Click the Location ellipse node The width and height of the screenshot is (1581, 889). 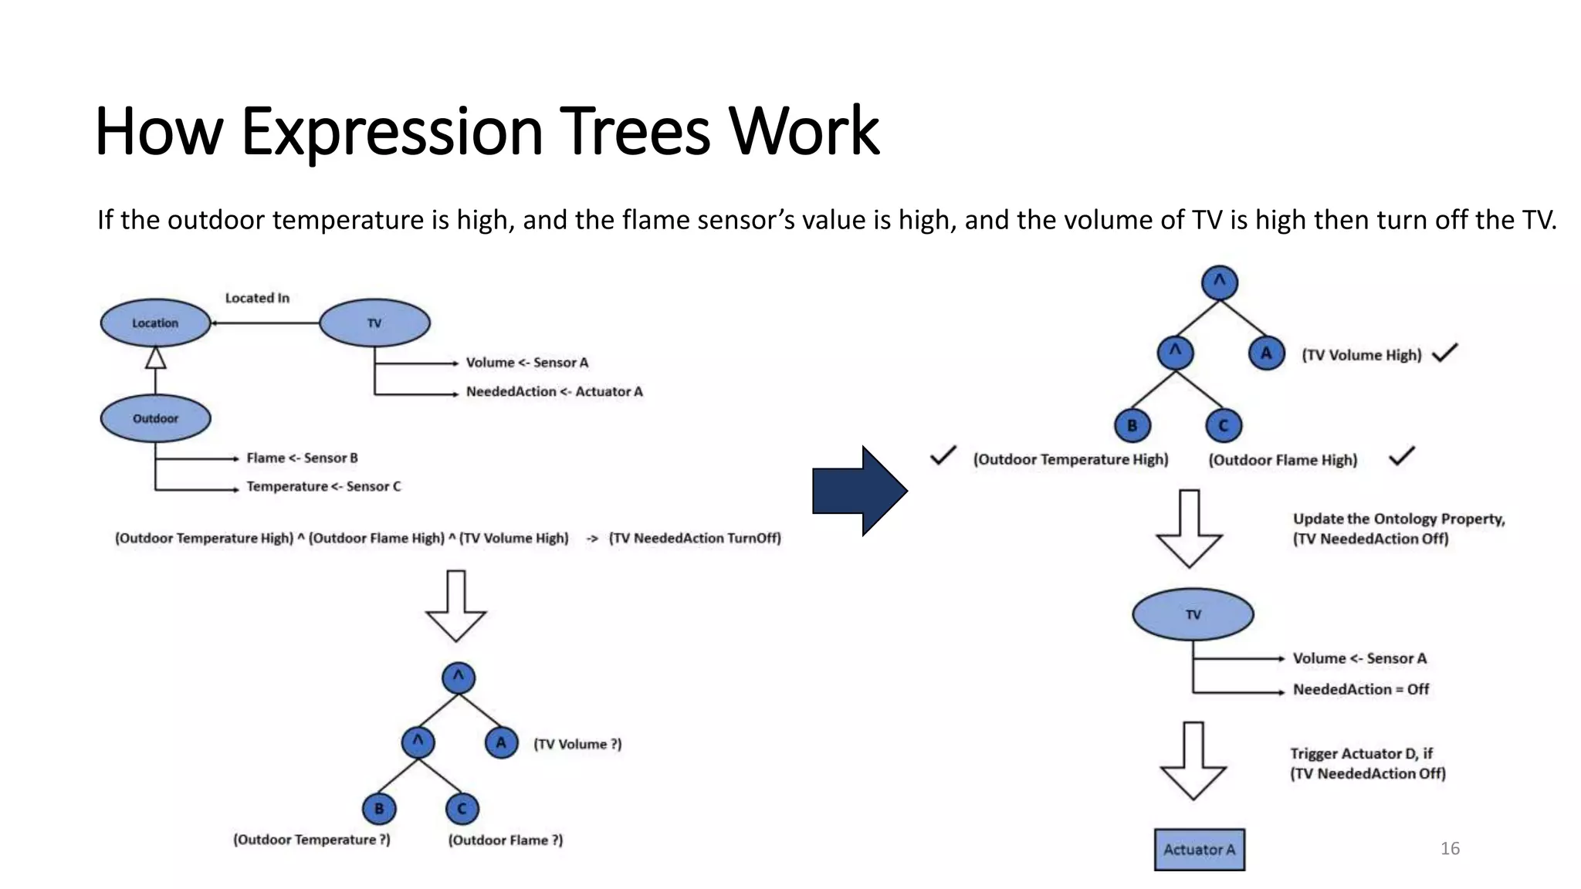coord(155,323)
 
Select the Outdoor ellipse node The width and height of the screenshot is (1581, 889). coord(155,418)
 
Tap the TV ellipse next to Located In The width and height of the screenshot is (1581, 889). coord(374,323)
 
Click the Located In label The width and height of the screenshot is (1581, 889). coord(257,298)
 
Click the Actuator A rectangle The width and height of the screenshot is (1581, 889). coord(1199,850)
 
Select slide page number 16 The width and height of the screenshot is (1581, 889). coord(1449,849)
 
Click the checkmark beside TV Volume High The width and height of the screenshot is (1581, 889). coord(1444,353)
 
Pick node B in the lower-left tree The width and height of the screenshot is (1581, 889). coord(378,809)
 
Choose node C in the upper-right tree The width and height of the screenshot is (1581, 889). coord(1223,426)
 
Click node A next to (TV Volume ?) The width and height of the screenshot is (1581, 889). coord(501,743)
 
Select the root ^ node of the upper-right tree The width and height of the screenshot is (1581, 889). coord(1219,282)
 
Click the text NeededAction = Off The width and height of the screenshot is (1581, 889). coord(1360,689)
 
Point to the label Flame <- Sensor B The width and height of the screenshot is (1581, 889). coord(302,458)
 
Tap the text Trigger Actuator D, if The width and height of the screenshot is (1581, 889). coord(1360,753)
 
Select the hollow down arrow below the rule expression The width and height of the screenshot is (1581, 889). coord(455,607)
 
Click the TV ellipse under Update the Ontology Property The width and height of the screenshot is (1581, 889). coord(1193,614)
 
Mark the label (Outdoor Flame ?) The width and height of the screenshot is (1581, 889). coord(506,840)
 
